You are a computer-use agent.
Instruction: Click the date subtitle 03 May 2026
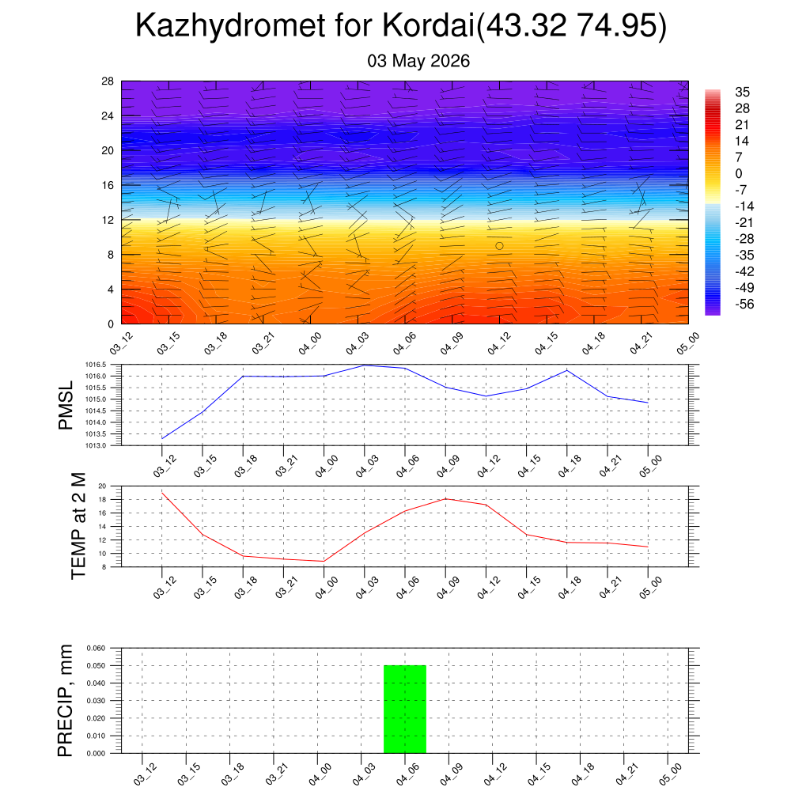click(x=418, y=61)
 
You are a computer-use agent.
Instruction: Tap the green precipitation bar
click(x=405, y=710)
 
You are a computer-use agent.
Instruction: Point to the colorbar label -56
click(x=744, y=305)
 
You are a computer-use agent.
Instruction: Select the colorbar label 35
click(x=742, y=92)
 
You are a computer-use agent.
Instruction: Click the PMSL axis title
click(x=66, y=406)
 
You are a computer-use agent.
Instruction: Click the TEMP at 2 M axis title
click(x=78, y=526)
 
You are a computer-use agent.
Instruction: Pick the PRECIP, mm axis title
click(x=65, y=701)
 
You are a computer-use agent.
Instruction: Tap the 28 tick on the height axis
click(x=108, y=81)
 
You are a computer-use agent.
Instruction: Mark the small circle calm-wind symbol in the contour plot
click(x=499, y=246)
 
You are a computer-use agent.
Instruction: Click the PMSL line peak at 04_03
click(x=365, y=365)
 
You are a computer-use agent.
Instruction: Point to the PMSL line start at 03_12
click(x=162, y=438)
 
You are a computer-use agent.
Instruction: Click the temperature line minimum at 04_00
click(x=324, y=561)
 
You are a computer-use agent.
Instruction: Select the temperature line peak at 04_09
click(x=445, y=498)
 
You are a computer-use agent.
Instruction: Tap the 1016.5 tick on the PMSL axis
click(x=96, y=365)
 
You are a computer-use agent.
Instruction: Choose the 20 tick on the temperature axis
click(x=102, y=486)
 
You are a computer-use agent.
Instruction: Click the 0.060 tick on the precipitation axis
click(x=96, y=649)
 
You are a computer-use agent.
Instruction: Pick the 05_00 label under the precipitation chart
click(x=671, y=774)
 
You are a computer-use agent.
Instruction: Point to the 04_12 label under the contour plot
click(x=499, y=343)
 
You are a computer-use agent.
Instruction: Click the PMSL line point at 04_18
click(x=567, y=370)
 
